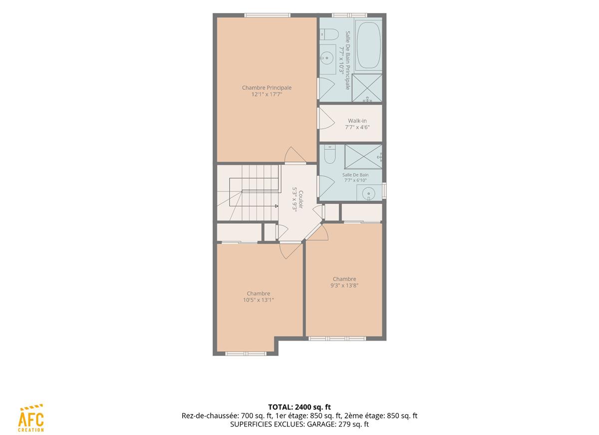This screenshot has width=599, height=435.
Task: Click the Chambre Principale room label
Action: (x=267, y=87)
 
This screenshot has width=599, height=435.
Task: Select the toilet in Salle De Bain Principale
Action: (x=329, y=34)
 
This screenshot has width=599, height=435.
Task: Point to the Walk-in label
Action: (x=357, y=121)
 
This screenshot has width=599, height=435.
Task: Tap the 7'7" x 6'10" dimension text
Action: (x=355, y=180)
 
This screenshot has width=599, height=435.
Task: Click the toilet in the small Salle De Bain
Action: (x=329, y=155)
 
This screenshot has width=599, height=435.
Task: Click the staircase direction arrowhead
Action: (x=277, y=206)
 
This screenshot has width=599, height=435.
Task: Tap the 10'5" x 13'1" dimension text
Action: (x=259, y=300)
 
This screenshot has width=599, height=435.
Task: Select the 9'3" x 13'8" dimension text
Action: (x=344, y=286)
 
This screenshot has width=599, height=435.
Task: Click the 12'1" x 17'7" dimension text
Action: (x=267, y=94)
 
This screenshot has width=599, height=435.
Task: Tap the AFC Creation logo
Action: (x=31, y=418)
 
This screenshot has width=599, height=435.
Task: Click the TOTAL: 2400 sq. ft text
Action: (x=299, y=407)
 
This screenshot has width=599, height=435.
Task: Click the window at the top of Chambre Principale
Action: (x=267, y=15)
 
